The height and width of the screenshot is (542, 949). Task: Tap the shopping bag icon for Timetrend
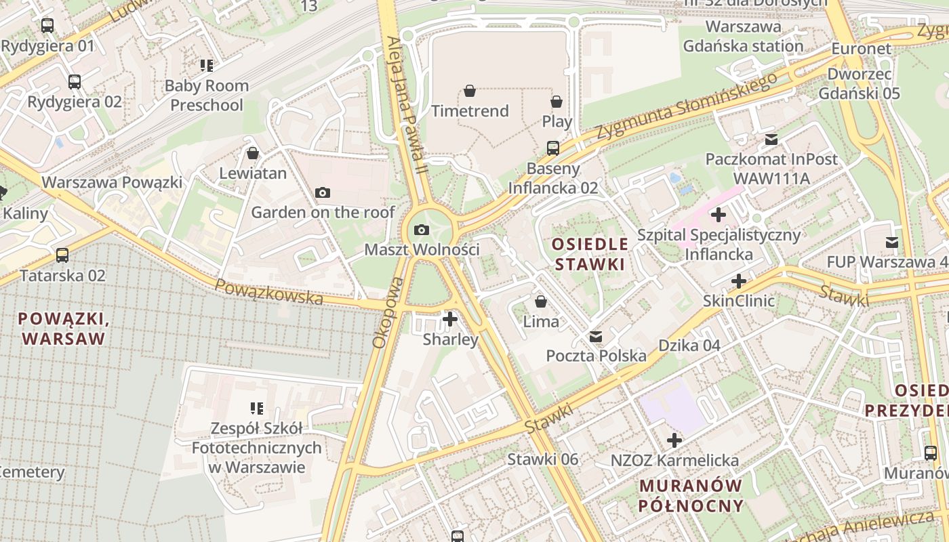click(x=469, y=91)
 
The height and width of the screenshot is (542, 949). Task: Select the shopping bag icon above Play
click(x=557, y=102)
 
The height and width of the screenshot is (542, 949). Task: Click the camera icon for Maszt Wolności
click(x=422, y=230)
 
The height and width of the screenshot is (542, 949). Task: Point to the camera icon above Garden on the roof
click(x=323, y=193)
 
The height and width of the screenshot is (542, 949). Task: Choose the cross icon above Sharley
click(x=449, y=318)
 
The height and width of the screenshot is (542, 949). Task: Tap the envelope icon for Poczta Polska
click(x=596, y=336)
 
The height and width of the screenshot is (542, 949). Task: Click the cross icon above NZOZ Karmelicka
click(x=674, y=441)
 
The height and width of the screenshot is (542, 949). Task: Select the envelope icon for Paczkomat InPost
click(x=771, y=140)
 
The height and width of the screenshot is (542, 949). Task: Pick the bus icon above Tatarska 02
click(x=62, y=255)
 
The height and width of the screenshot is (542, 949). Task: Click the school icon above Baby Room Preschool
click(x=207, y=66)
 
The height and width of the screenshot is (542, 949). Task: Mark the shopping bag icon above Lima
click(x=541, y=301)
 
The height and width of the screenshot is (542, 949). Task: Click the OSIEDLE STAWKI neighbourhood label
click(x=590, y=254)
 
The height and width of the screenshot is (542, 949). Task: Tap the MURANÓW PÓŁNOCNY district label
click(x=691, y=496)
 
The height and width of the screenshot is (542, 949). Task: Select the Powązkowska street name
click(x=269, y=291)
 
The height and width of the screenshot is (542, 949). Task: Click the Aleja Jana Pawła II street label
click(x=405, y=105)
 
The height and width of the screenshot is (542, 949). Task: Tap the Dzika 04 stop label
click(x=689, y=346)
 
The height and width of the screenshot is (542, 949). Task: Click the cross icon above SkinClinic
click(x=739, y=281)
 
